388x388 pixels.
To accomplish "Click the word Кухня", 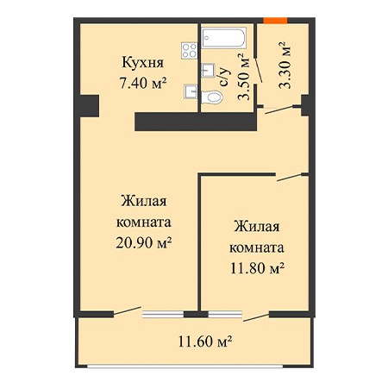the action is (143, 63).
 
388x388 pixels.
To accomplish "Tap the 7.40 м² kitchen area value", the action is (143, 84).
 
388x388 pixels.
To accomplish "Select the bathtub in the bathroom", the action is (224, 38).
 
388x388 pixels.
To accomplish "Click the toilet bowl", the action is (212, 97).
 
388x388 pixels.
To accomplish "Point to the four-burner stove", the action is (190, 51).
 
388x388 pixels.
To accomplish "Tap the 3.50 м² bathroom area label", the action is (244, 77).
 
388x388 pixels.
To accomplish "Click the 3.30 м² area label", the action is (285, 66).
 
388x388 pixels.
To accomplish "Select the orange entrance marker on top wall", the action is (275, 21).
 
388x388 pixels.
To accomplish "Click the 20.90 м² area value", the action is (144, 243).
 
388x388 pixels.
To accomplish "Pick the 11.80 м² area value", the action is (258, 268).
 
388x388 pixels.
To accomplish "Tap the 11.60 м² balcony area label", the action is (205, 341).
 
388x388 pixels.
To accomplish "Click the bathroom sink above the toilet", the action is (208, 70).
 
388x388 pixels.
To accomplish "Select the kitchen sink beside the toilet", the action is (191, 91).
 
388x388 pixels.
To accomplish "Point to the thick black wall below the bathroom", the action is (196, 122).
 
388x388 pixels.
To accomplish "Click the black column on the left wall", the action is (89, 106).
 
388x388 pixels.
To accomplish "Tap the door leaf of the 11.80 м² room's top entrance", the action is (289, 178).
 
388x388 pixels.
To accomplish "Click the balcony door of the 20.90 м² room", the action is (128, 311).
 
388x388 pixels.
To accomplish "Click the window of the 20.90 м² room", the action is (163, 315).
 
